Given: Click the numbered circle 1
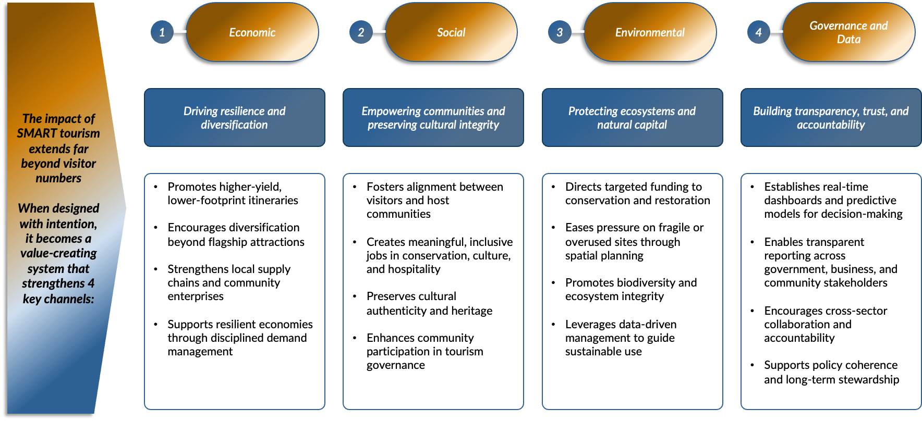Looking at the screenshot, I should (162, 32).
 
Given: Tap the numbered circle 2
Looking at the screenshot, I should (360, 32).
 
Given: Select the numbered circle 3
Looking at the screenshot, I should (560, 32).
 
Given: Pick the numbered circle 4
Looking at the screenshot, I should (758, 32).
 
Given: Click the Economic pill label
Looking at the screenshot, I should (252, 32).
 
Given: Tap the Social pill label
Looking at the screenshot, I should (451, 32).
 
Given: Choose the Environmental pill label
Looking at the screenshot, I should (650, 32).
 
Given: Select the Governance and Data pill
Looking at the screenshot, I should (848, 32).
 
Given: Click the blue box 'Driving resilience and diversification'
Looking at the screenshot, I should (235, 118).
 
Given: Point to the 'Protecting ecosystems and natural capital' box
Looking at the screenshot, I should (632, 118).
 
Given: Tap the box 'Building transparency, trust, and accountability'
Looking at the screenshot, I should (831, 118).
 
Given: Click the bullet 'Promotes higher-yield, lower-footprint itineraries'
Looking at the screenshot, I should (233, 193).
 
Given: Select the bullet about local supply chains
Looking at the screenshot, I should (228, 282).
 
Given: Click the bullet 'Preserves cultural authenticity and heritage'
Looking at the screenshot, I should (429, 303).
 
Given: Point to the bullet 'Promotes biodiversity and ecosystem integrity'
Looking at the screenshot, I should (630, 289).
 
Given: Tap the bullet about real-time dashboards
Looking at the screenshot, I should (833, 200).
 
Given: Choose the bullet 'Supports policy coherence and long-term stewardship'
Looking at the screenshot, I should (831, 372).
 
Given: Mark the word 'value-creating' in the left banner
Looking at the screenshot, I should (58, 253).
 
